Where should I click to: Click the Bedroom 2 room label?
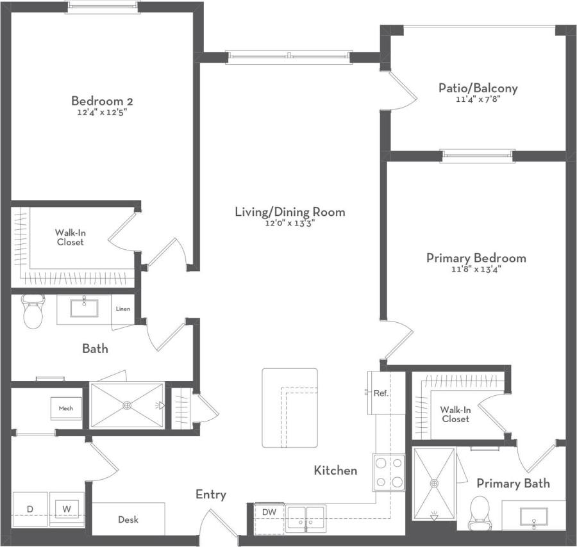click(102, 101)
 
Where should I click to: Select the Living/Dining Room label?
click(290, 212)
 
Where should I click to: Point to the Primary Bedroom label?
click(476, 258)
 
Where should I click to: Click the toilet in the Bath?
click(33, 312)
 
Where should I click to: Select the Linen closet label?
click(123, 309)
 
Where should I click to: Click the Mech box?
click(66, 408)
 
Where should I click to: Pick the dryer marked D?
click(29, 509)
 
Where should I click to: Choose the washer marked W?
click(67, 509)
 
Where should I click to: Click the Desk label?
click(128, 519)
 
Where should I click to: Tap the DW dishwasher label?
click(269, 512)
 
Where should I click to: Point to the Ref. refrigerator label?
click(380, 393)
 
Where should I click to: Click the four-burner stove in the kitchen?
click(390, 472)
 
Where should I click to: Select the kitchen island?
click(289, 408)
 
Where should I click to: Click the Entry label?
click(211, 494)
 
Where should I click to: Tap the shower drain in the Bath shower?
click(127, 405)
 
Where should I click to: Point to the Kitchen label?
click(335, 471)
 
